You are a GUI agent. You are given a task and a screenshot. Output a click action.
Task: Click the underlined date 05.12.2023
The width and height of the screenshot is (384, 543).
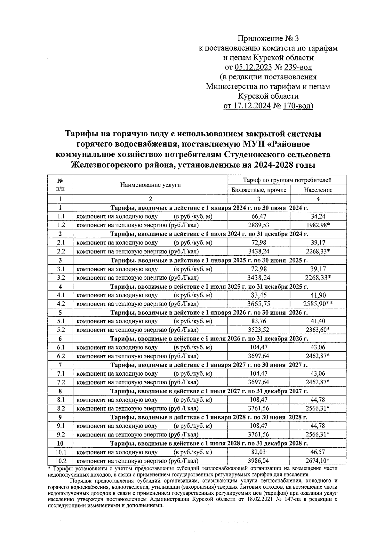click(253, 67)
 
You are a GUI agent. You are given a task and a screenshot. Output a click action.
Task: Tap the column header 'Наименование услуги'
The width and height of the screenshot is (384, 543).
click(150, 185)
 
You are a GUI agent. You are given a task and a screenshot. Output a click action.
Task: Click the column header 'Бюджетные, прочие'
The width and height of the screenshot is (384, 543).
click(259, 190)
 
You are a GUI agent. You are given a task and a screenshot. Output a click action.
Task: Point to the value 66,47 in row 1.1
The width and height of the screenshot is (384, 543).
click(259, 217)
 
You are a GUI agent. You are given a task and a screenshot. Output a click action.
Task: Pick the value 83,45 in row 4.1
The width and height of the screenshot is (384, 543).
click(259, 295)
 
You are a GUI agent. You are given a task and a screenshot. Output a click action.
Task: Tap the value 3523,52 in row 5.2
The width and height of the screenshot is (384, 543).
click(259, 330)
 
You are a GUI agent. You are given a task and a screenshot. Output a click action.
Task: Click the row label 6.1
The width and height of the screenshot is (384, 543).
click(60, 347)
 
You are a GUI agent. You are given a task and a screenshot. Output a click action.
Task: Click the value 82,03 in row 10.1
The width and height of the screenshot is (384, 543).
click(259, 452)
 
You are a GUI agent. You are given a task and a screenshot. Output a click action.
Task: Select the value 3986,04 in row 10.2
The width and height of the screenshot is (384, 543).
click(259, 461)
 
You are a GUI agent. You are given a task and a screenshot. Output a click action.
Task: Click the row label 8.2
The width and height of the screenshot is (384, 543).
click(60, 408)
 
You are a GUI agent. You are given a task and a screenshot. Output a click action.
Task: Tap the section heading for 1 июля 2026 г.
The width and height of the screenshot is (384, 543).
click(209, 339)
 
